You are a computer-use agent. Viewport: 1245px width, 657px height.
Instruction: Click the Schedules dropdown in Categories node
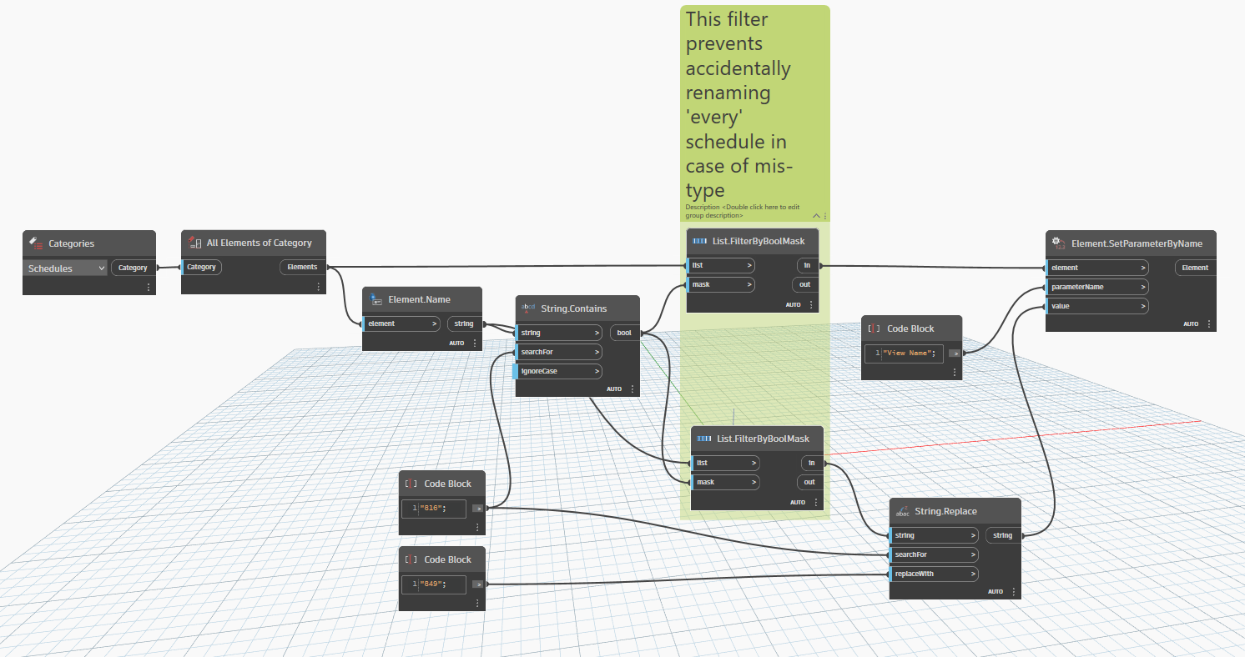click(66, 268)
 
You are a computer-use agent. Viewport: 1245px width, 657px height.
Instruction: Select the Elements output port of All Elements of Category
click(302, 267)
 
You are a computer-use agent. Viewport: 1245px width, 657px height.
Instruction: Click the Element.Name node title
click(419, 299)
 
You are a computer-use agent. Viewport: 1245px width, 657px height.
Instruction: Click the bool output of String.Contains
click(624, 333)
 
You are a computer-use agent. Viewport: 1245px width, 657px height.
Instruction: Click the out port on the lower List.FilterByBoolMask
click(809, 482)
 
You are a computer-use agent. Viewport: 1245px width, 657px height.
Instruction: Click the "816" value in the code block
click(432, 508)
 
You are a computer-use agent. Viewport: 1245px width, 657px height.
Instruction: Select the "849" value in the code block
click(432, 584)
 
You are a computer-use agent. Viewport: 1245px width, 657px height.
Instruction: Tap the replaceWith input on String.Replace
click(933, 574)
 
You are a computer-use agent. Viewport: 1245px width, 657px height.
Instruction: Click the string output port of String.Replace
click(1002, 535)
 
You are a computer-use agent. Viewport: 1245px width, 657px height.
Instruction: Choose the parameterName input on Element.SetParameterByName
click(1096, 287)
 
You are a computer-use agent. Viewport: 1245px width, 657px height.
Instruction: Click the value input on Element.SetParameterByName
click(1096, 306)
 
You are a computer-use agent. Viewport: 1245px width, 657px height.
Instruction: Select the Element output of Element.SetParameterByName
click(1195, 268)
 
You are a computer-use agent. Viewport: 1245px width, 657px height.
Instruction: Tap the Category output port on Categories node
click(133, 268)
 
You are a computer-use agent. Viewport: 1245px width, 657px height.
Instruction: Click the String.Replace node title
click(945, 511)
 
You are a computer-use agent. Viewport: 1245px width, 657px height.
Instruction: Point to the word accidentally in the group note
click(738, 68)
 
